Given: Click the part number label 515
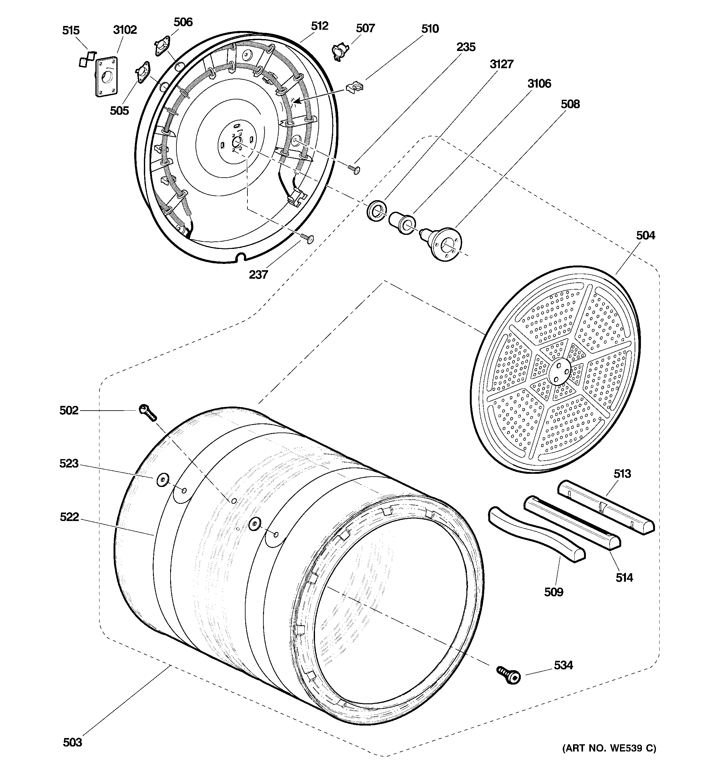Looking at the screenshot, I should pyautogui.click(x=71, y=30).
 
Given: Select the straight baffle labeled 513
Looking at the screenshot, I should pyautogui.click(x=606, y=507).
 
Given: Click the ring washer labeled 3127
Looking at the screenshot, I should pyautogui.click(x=376, y=211).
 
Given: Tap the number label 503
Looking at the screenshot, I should pyautogui.click(x=73, y=742).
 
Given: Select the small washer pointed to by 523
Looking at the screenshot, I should pyautogui.click(x=162, y=480).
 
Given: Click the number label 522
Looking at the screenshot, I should pyautogui.click(x=69, y=517).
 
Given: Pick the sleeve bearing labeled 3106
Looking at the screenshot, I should pyautogui.click(x=402, y=223).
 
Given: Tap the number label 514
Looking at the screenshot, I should pyautogui.click(x=624, y=577).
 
